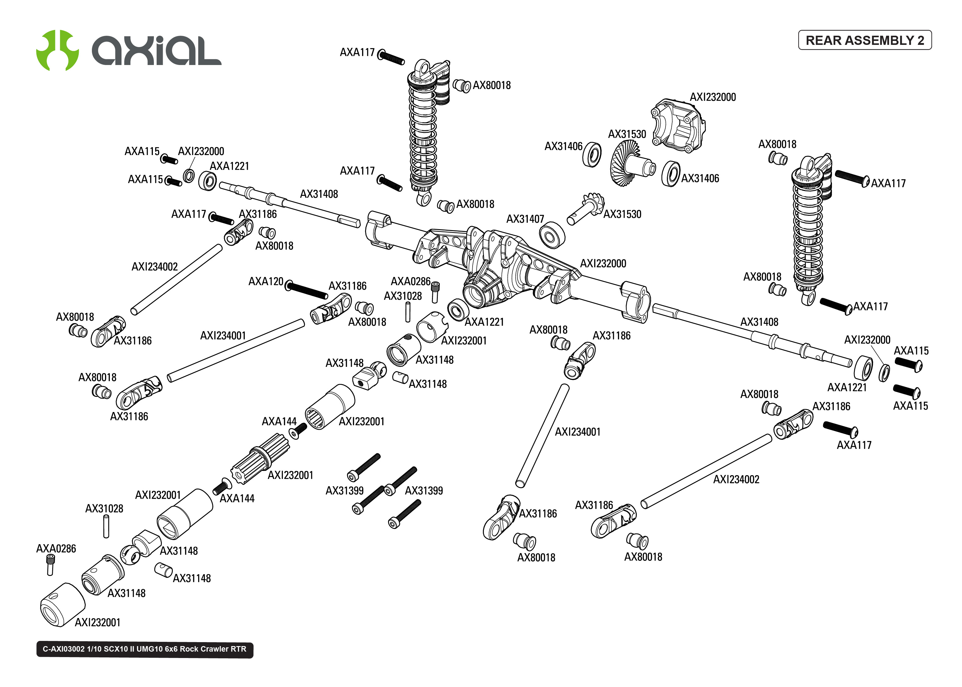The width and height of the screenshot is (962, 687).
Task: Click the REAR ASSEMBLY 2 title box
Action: [x=864, y=40]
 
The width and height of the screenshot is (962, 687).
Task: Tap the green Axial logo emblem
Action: [x=57, y=50]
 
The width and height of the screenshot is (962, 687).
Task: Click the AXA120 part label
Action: [x=265, y=281]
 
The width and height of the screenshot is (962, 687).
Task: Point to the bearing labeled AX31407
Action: [x=552, y=235]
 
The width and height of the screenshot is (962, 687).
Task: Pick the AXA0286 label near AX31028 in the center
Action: [x=410, y=281]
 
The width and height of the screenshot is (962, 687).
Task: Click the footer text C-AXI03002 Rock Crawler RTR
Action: [x=144, y=649]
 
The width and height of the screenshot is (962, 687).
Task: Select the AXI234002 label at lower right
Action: [x=736, y=479]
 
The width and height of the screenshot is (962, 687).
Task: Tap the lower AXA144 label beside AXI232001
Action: [x=237, y=498]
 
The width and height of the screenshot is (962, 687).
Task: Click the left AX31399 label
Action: [x=344, y=491]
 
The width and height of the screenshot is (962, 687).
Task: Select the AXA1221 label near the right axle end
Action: [x=847, y=388]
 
